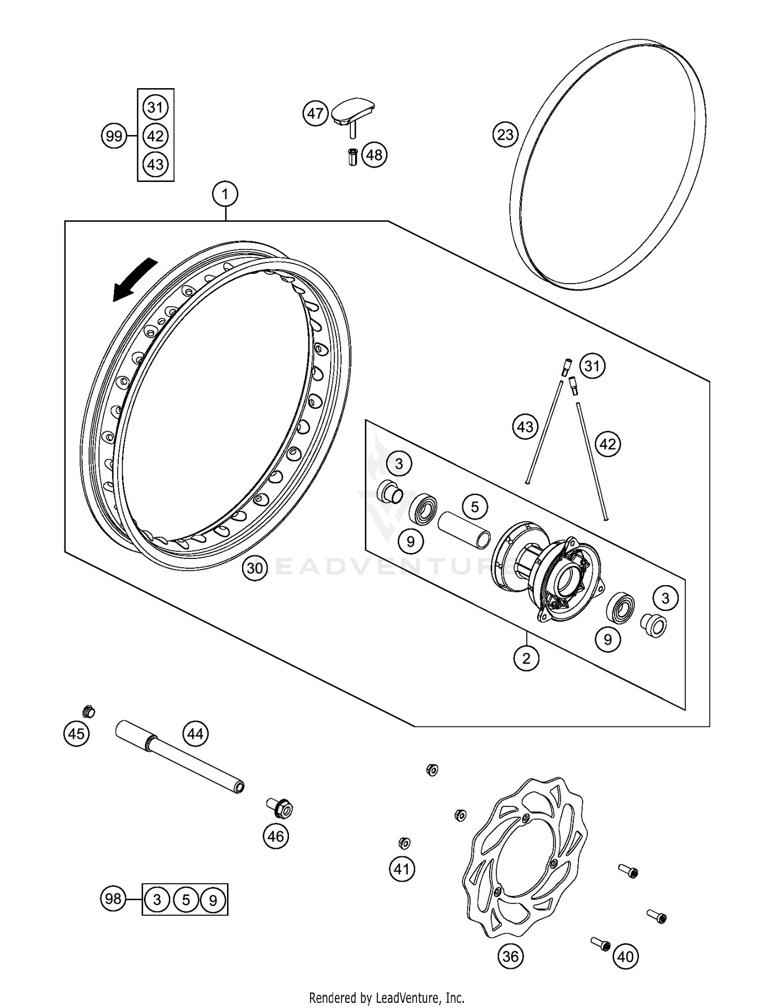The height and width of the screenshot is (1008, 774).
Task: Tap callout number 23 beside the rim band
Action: point(505,135)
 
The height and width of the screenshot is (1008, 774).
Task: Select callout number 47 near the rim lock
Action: point(315,113)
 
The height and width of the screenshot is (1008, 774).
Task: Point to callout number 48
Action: point(374,155)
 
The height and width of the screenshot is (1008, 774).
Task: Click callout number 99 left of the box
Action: point(114,136)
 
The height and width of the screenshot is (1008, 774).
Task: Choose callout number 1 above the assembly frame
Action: point(225,194)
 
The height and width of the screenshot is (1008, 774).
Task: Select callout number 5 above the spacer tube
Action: point(475,507)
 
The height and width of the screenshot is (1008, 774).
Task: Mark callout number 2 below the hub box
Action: point(526,658)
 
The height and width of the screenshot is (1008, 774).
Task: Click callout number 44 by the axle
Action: point(196,733)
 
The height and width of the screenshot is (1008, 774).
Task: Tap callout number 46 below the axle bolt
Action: point(276,836)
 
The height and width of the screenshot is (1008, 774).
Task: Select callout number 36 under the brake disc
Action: point(510,956)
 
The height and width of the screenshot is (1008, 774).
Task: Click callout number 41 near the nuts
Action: point(401,869)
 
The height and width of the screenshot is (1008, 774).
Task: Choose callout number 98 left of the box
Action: point(112,899)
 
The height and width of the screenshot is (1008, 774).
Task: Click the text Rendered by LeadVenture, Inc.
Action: point(386,997)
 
